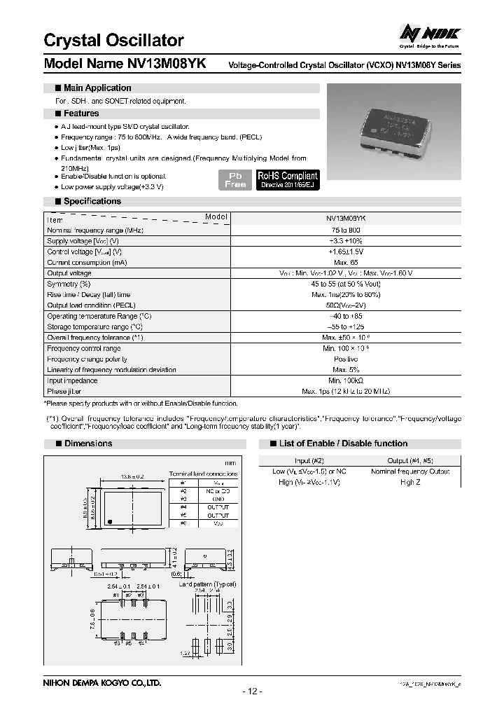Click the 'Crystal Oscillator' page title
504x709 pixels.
coord(114,41)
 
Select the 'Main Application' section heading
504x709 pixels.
coord(97,88)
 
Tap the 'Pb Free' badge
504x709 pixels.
coord(235,179)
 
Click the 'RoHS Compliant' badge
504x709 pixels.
coord(287,179)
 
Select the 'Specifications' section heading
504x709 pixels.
coord(92,202)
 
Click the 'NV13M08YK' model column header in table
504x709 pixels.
coord(346,219)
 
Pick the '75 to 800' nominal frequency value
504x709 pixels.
coord(346,230)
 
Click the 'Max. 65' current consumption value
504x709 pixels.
coord(346,262)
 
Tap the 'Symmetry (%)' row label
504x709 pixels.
coord(69,284)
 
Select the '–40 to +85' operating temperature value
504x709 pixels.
coord(346,316)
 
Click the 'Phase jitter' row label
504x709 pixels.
coord(66,392)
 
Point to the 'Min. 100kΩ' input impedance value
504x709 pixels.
coord(346,380)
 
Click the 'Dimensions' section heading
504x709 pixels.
coord(88,443)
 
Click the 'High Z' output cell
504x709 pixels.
coord(410,483)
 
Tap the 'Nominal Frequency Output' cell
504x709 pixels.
coord(410,471)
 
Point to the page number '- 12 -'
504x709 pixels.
coord(252,692)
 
